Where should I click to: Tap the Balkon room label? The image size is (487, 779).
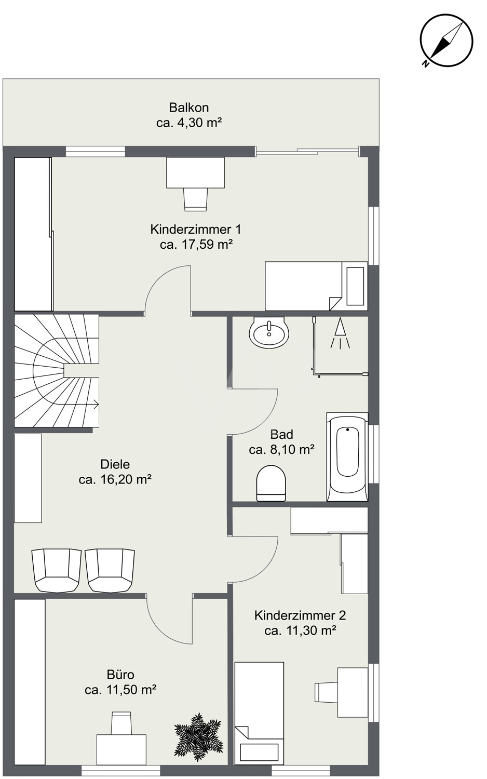pyautogui.click(x=189, y=108)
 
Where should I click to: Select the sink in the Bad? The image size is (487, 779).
pyautogui.click(x=269, y=332)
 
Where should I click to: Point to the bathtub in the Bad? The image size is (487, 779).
pyautogui.click(x=347, y=457)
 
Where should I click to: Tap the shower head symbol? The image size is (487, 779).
pyautogui.click(x=340, y=333)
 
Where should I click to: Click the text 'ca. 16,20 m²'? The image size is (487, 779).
pyautogui.click(x=115, y=479)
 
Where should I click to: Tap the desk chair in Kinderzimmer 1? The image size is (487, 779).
pyautogui.click(x=196, y=199)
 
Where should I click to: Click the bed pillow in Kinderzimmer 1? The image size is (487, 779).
pyautogui.click(x=355, y=286)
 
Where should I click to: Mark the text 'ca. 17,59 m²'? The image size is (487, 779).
pyautogui.click(x=196, y=245)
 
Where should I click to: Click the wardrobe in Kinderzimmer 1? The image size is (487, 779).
pyautogui.click(x=33, y=234)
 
